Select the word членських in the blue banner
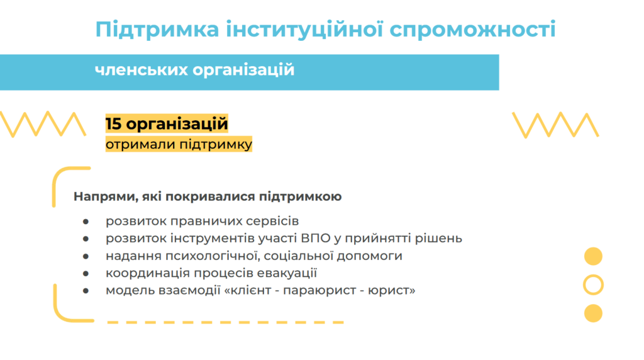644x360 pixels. (x=140, y=69)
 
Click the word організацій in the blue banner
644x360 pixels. (x=243, y=70)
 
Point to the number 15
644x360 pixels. (x=113, y=124)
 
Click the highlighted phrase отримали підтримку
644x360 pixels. (x=179, y=144)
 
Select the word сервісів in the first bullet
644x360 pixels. (x=272, y=221)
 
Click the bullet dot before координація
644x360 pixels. (x=86, y=273)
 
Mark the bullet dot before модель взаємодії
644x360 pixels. (x=86, y=291)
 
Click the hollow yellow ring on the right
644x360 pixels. (x=593, y=276)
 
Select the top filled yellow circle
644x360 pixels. (x=593, y=256)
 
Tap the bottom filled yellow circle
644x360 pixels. (x=593, y=313)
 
